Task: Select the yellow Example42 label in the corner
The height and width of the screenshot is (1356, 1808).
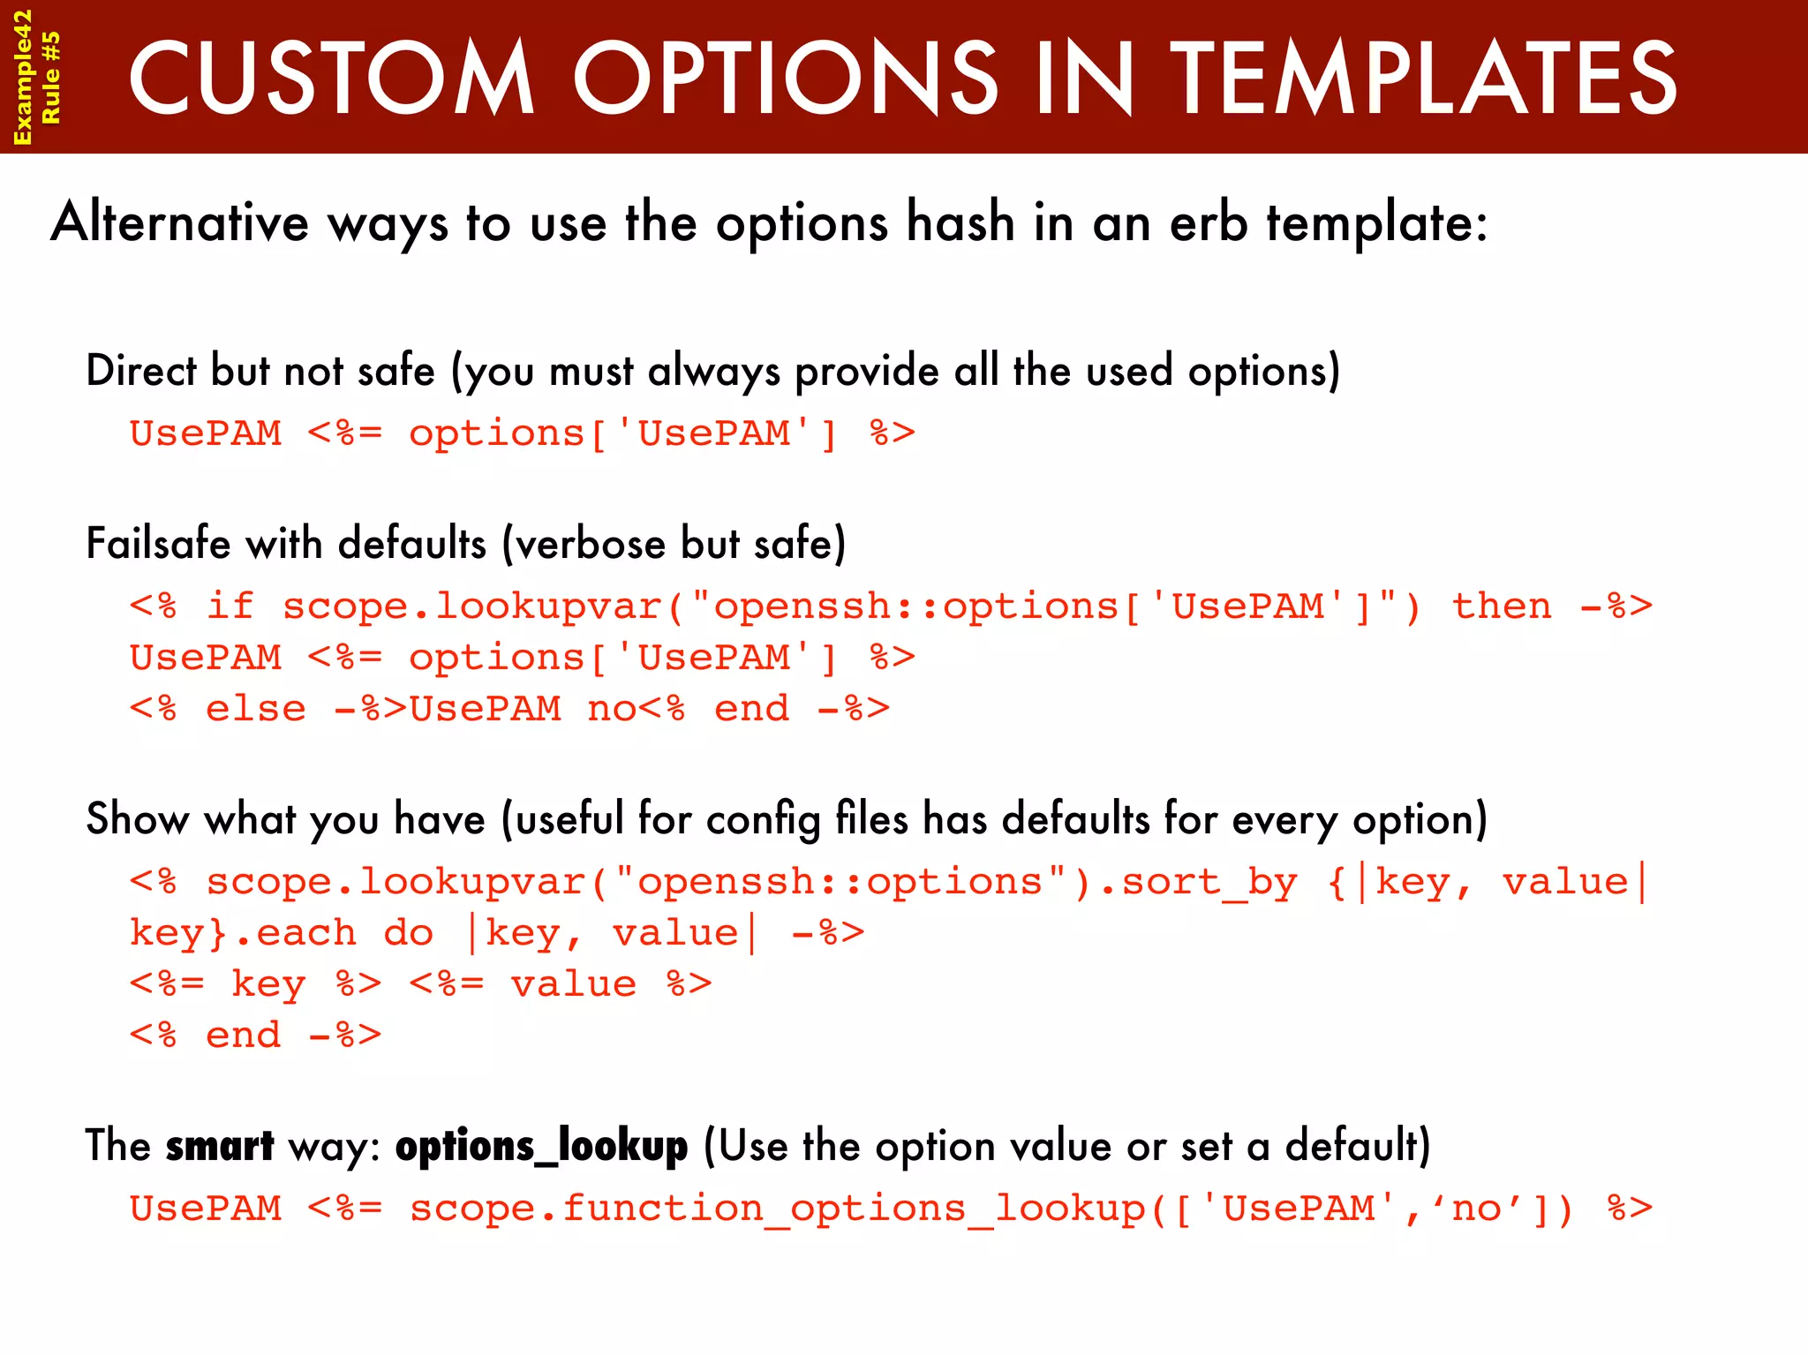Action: coord(22,78)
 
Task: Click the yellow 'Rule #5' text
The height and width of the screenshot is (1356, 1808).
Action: coord(51,78)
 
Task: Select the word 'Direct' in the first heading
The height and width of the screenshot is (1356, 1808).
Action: coord(140,370)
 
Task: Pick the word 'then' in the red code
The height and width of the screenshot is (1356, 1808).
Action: coord(1502,606)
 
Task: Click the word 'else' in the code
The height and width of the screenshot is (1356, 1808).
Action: coord(255,709)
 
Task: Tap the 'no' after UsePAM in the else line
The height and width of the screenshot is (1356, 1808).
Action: coord(611,709)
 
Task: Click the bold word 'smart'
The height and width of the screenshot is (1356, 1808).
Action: coord(220,1146)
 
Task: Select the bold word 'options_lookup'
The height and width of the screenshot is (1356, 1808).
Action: coord(541,1146)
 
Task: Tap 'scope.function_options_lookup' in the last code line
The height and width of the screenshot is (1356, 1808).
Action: coord(777,1209)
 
